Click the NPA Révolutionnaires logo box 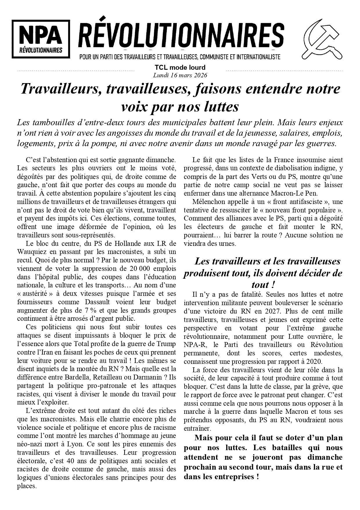pos(41,39)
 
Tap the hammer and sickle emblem pos(322,39)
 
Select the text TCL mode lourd pos(180,68)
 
